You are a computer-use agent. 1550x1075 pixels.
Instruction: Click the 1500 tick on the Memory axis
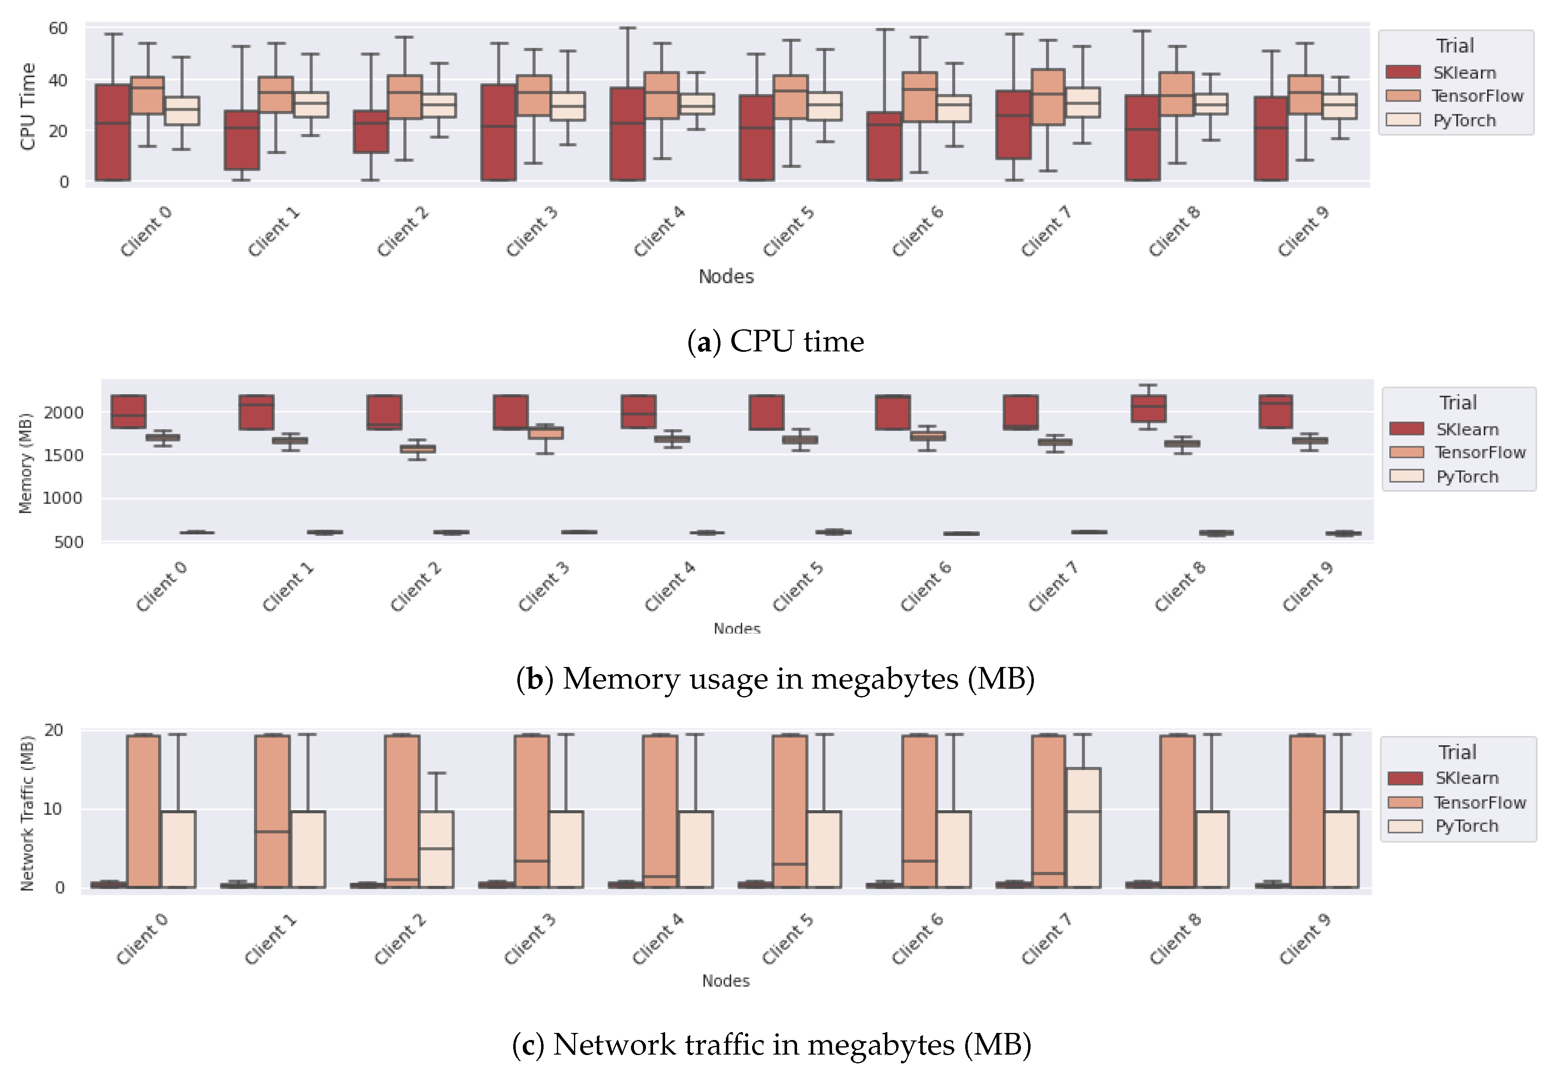pyautogui.click(x=63, y=455)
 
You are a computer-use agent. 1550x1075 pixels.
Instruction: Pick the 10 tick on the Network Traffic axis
pyautogui.click(x=53, y=809)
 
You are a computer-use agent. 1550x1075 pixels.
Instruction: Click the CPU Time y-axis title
pyautogui.click(x=27, y=107)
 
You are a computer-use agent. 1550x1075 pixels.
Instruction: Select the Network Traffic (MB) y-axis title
pyautogui.click(x=27, y=814)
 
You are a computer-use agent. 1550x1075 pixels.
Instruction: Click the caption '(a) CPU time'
pyautogui.click(x=775, y=341)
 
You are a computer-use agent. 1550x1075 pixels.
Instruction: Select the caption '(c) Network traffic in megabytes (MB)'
pyautogui.click(x=772, y=1045)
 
